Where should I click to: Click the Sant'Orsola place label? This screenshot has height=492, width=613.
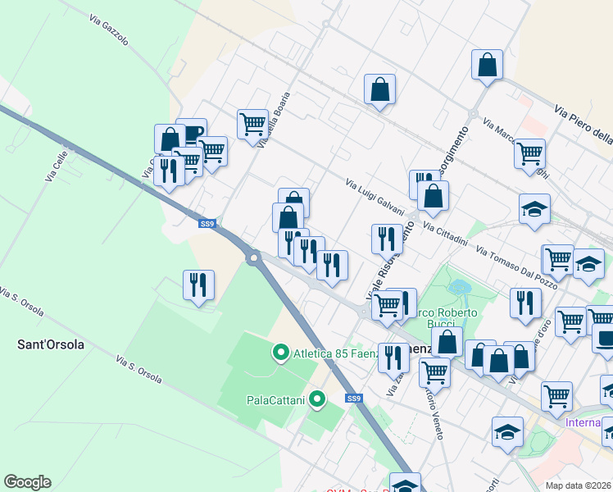[51, 344]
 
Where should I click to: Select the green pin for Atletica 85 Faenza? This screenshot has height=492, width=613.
[280, 353]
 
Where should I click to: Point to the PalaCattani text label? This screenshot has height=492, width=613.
[275, 400]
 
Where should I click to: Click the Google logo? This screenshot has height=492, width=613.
[27, 482]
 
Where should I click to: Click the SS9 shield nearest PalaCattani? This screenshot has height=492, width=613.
[353, 399]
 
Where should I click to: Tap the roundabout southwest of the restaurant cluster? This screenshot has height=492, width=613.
[253, 259]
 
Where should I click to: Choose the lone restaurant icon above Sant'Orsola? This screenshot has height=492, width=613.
[198, 285]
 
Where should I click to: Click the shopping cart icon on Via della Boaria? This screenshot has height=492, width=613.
[253, 124]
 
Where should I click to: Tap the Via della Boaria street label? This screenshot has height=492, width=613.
[274, 120]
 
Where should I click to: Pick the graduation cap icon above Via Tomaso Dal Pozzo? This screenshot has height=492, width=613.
[534, 208]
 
